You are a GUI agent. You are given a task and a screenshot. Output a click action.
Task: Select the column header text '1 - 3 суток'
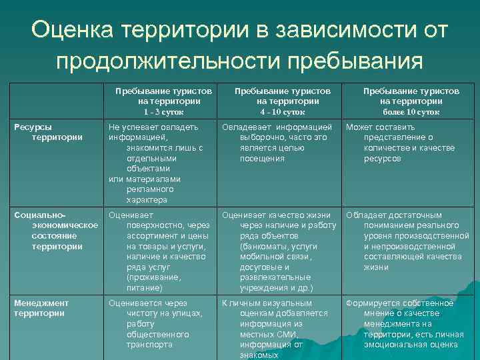coord(165,112)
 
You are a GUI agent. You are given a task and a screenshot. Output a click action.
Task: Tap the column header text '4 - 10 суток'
coord(283,112)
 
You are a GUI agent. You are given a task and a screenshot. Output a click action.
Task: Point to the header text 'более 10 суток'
coord(411,112)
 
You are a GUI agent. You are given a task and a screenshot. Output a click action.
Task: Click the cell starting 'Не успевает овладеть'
coord(155,163)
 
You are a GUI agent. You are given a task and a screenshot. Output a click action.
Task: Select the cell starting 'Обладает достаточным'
coord(407,241)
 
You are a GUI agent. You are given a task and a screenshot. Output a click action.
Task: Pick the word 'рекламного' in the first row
coord(147,189)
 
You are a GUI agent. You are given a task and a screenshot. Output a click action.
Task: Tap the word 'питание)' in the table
coord(145,287)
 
